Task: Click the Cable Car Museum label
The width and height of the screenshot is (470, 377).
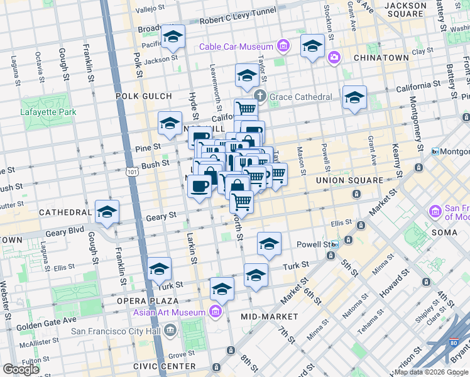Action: [236, 46]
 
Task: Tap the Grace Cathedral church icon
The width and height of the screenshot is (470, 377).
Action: [260, 96]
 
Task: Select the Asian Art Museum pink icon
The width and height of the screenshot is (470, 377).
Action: [215, 312]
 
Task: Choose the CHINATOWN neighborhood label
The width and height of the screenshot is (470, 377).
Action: [381, 58]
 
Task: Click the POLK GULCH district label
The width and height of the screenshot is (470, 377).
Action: [143, 96]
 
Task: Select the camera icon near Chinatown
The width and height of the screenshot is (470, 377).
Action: [334, 58]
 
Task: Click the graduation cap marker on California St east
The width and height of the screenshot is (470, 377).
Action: [354, 98]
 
